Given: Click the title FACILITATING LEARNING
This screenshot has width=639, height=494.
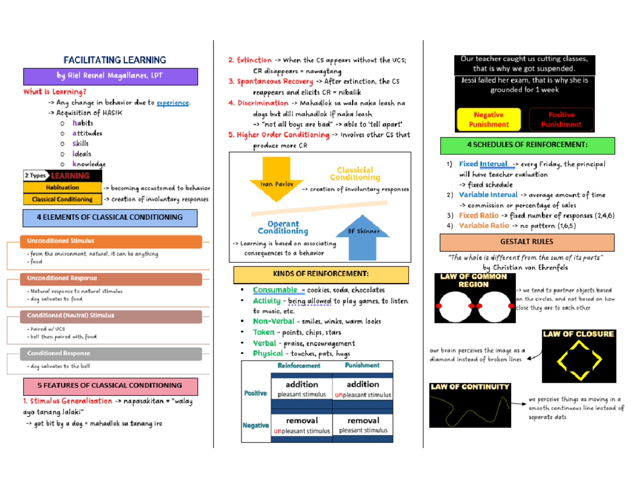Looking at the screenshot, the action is [114, 60].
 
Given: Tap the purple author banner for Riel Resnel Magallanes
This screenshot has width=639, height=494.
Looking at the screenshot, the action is [111, 76].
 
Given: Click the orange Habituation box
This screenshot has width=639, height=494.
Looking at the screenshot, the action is [62, 188].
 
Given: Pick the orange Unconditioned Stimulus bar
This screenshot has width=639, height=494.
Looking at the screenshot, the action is [111, 242].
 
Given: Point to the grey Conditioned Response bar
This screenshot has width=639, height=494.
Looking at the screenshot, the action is [111, 353].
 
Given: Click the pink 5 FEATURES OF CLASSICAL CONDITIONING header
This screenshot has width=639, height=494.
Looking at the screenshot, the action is [110, 385].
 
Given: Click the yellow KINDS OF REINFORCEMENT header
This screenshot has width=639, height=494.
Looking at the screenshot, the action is [321, 274].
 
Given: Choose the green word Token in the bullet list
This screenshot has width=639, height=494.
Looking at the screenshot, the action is [264, 332].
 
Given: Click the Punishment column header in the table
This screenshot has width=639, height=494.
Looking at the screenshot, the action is [362, 366].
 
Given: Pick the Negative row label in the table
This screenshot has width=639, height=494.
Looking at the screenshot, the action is [256, 425].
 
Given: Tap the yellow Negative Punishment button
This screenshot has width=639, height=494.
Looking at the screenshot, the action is [488, 120].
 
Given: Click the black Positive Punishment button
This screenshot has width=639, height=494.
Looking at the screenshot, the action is [561, 120].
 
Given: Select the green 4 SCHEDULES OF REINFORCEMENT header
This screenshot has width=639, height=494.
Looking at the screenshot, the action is [527, 145].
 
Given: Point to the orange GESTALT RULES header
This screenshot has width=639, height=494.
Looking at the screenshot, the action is [527, 242].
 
